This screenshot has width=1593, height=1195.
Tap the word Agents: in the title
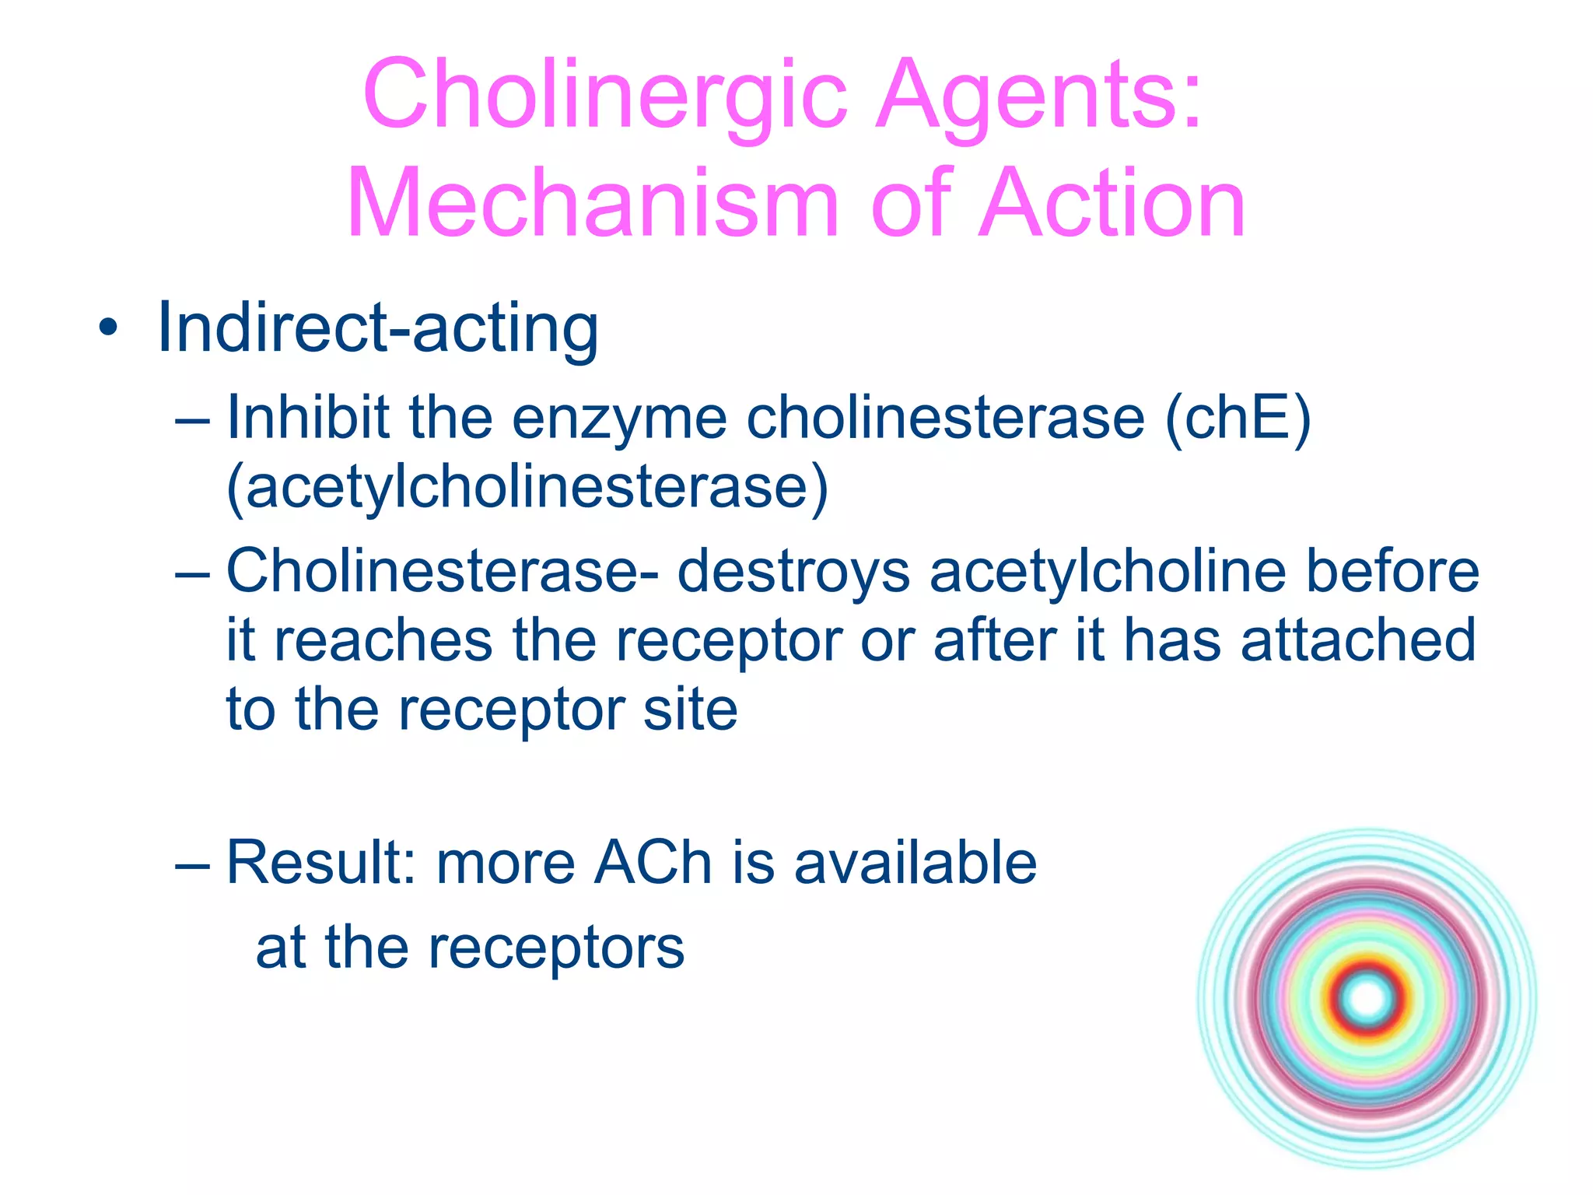point(1039,95)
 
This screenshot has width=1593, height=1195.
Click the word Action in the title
point(1112,204)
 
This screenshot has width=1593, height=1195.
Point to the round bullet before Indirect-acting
point(108,328)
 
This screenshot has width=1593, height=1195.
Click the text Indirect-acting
point(378,328)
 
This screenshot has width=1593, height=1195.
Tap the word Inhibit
point(308,418)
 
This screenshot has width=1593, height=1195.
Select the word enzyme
point(619,420)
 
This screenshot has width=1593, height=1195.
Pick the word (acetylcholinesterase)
point(527,489)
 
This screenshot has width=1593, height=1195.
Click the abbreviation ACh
point(653,863)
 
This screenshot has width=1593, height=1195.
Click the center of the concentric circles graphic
point(1367,999)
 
